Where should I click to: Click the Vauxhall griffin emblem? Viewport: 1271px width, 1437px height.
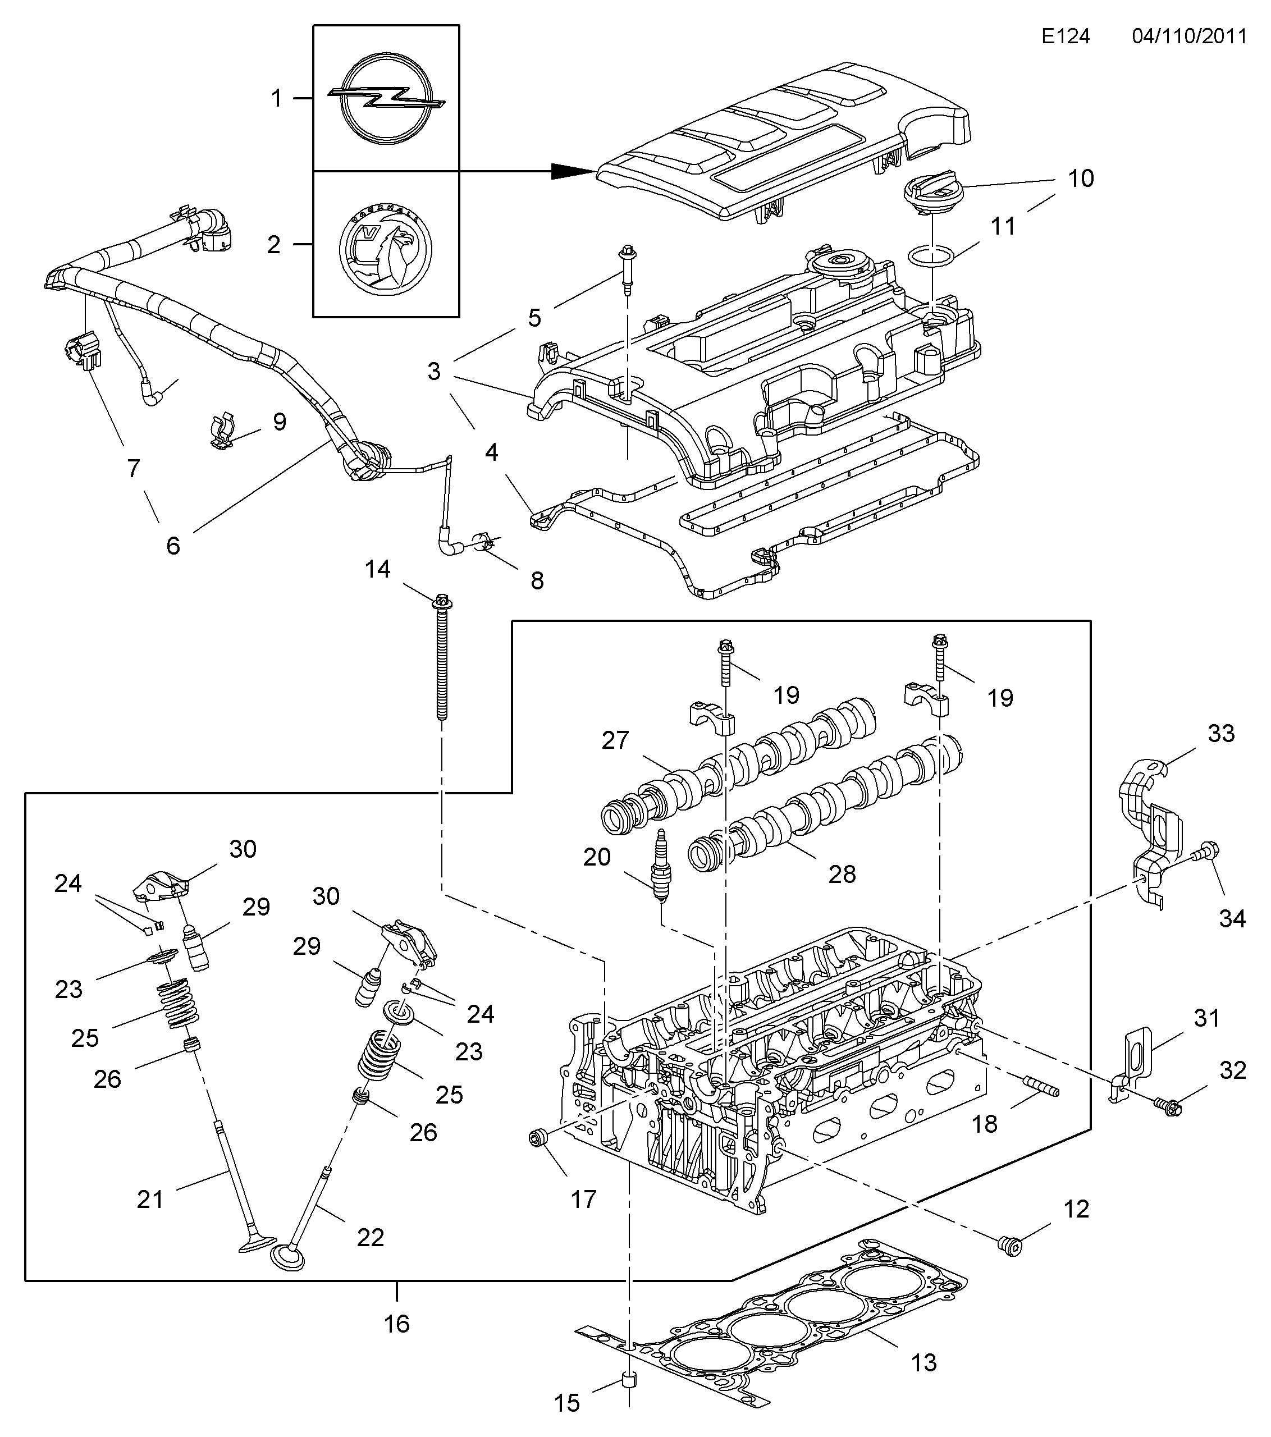[x=385, y=245]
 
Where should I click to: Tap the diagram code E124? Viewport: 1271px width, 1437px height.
[x=1066, y=36]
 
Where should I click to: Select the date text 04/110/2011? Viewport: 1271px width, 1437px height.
[x=1190, y=36]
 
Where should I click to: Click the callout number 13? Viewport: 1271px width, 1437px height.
[x=925, y=1362]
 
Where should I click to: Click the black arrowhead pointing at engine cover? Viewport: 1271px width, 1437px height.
[x=573, y=171]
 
